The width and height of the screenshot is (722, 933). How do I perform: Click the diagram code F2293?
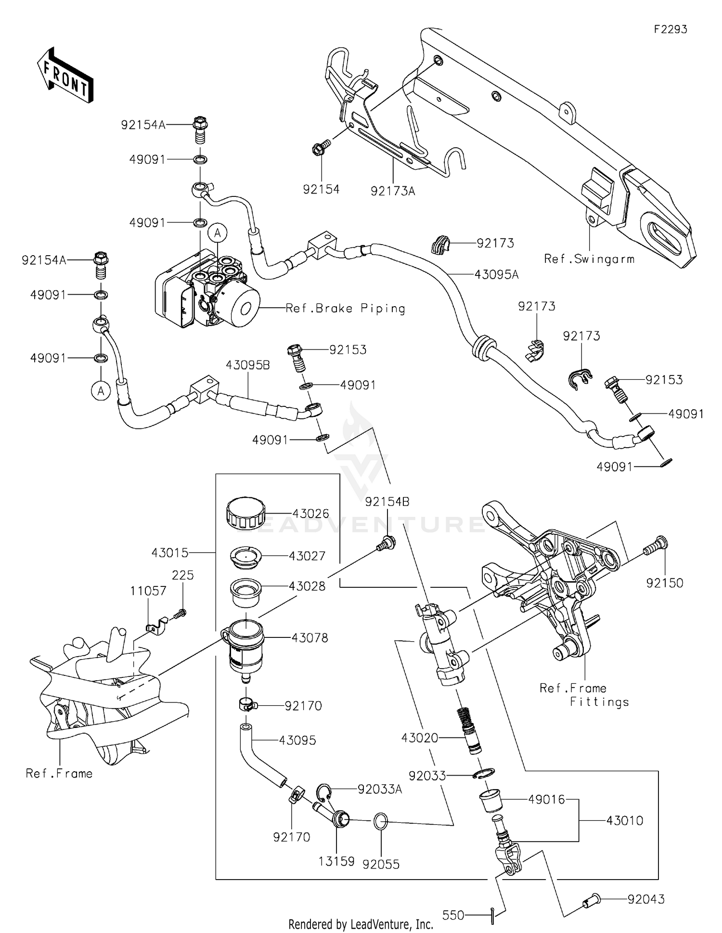670,29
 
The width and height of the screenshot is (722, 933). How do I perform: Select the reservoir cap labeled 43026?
245,514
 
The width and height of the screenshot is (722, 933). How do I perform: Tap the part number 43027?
307,556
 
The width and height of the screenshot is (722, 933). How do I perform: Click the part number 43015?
170,553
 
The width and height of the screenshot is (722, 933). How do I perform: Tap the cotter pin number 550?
453,915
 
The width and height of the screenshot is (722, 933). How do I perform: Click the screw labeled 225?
180,613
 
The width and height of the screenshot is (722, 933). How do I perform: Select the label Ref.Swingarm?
589,259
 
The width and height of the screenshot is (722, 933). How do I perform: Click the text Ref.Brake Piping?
345,308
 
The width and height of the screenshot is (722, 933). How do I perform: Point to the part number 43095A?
496,274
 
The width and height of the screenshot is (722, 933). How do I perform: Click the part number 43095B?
248,365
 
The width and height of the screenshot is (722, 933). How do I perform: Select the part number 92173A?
393,191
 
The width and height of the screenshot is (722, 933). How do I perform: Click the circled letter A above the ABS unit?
218,233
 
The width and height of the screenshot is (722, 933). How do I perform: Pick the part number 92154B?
387,502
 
